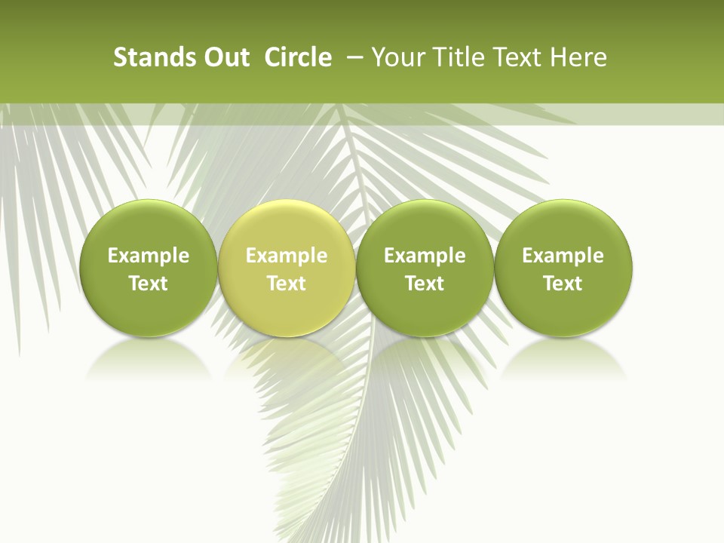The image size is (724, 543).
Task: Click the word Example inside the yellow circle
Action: (x=286, y=256)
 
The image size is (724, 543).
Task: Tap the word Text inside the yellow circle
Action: (x=286, y=284)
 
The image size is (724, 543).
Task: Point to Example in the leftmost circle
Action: (x=148, y=256)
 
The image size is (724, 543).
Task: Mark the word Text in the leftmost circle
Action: (x=148, y=284)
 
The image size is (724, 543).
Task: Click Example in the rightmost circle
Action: (x=563, y=256)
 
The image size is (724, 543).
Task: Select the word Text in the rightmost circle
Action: (x=563, y=284)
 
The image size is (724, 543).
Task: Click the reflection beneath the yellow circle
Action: (x=286, y=359)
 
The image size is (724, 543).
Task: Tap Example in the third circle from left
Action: (x=425, y=256)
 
